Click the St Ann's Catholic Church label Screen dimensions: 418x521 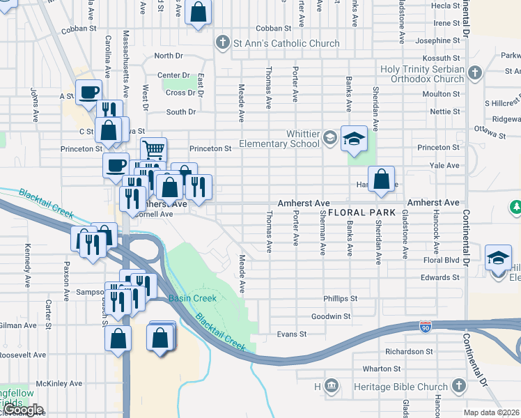click(x=286, y=43)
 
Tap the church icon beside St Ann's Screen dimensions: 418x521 click(x=222, y=43)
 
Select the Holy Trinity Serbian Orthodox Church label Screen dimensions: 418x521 click(x=422, y=74)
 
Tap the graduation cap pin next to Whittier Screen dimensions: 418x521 click(x=354, y=139)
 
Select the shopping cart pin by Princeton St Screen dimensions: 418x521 click(x=153, y=149)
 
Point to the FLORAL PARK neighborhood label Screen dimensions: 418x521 click(x=361, y=212)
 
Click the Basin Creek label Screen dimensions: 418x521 click(x=192, y=298)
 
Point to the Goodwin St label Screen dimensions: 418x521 click(x=330, y=316)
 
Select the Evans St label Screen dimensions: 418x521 click(x=292, y=334)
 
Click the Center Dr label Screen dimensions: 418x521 click(x=173, y=75)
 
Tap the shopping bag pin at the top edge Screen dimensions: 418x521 click(x=199, y=13)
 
